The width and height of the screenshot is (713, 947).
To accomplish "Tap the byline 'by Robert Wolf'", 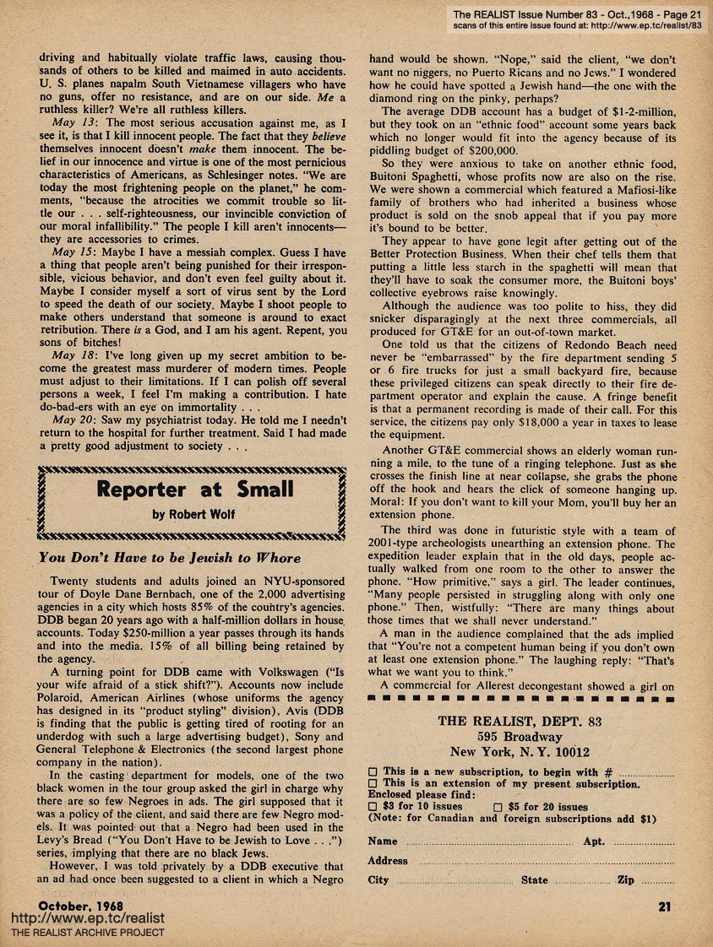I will tap(193, 513).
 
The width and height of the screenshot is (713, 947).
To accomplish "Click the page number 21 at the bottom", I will tap(663, 908).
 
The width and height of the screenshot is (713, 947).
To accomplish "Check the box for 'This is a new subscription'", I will tap(373, 771).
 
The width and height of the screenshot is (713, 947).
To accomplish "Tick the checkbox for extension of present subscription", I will tap(373, 783).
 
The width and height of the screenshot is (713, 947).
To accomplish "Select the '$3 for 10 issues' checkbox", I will tap(373, 807).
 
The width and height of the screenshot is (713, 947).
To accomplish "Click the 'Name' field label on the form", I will tap(383, 841).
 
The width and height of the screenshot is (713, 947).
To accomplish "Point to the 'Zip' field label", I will tap(626, 880).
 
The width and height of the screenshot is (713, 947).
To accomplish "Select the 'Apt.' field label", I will tap(594, 841).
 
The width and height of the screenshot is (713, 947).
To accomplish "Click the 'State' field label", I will tap(534, 880).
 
